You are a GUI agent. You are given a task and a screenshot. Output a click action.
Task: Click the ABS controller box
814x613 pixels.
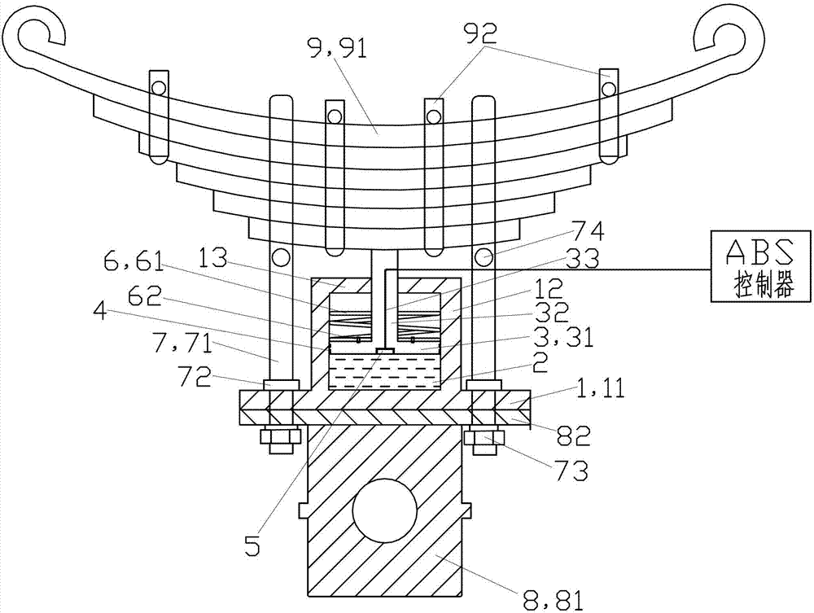point(760,265)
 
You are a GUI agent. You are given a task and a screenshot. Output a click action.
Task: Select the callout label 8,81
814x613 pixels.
point(554,601)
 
